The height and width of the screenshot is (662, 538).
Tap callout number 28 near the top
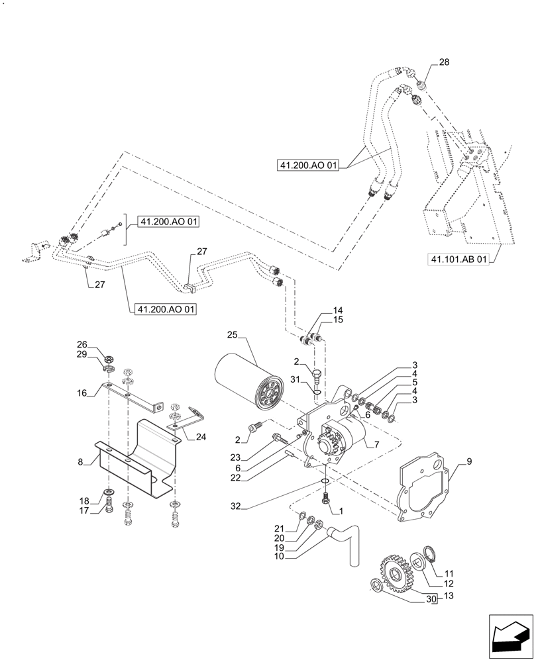[x=444, y=62]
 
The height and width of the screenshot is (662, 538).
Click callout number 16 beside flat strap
[x=81, y=393]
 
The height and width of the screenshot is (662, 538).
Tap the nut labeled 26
[x=110, y=352]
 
